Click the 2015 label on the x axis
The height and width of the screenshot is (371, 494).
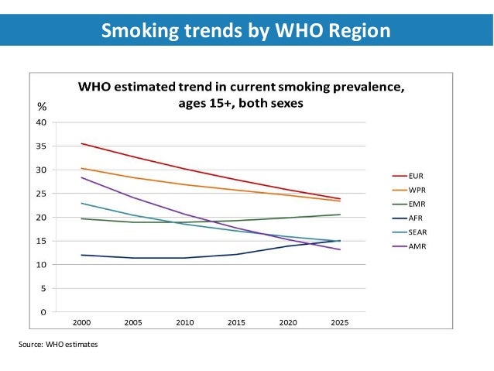236,323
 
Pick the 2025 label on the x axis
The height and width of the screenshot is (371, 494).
339,323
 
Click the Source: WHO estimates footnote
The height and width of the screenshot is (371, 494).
58,343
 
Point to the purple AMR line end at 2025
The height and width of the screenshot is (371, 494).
339,249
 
